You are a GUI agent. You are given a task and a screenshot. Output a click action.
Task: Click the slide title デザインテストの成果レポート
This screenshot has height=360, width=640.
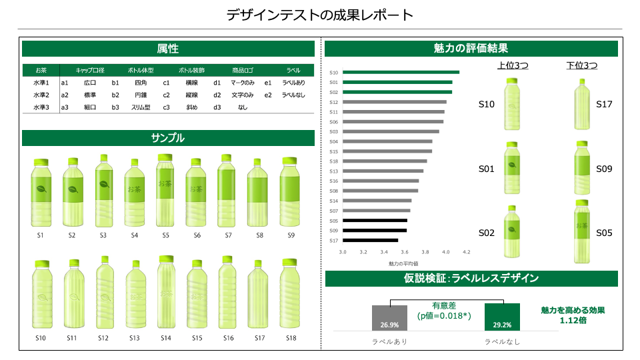[x=319, y=15]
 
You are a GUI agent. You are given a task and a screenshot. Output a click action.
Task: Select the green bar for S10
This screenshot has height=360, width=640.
[x=400, y=72]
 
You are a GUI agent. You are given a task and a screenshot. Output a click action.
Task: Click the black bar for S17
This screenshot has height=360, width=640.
[x=370, y=240]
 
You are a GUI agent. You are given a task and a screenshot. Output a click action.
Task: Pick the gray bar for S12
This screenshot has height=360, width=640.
[x=394, y=102]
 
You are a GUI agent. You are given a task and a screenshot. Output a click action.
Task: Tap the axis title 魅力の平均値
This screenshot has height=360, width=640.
[x=403, y=264]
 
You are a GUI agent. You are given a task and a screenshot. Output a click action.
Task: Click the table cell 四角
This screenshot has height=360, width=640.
[x=141, y=83]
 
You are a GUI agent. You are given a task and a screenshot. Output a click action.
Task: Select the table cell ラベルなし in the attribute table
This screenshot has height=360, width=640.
[x=293, y=95]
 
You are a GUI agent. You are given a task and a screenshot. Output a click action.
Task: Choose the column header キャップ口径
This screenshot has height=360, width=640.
[x=90, y=70]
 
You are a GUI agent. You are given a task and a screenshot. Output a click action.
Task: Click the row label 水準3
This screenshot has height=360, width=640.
[x=41, y=107]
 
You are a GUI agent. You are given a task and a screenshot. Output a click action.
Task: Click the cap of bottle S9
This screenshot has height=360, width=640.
[x=289, y=161]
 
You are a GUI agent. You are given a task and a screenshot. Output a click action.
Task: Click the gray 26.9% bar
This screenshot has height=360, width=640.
[x=389, y=318]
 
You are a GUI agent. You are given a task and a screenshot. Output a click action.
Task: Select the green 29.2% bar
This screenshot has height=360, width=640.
[x=502, y=317]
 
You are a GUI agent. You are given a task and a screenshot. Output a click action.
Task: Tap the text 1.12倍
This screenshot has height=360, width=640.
[x=573, y=320]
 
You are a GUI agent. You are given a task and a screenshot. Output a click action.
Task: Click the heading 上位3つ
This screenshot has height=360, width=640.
[x=513, y=65]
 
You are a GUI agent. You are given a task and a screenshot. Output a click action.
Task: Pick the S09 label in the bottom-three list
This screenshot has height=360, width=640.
[x=604, y=169]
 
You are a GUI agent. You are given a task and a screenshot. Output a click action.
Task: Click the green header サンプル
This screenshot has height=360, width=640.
[x=168, y=138]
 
